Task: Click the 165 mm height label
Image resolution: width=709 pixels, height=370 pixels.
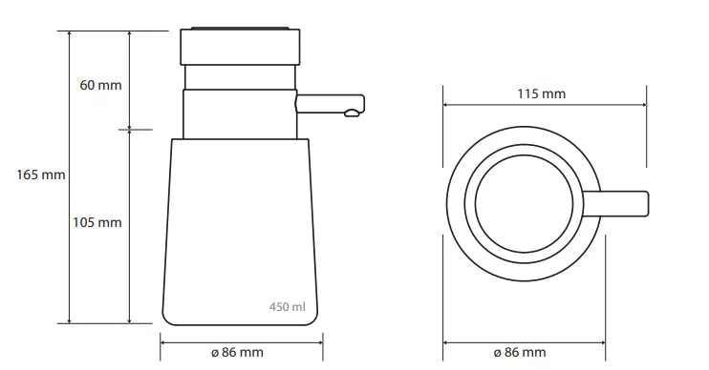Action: click(41, 175)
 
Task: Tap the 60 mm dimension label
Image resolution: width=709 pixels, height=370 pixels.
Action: click(101, 85)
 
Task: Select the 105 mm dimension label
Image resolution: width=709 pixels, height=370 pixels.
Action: click(97, 222)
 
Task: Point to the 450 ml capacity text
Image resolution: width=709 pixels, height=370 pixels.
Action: click(287, 307)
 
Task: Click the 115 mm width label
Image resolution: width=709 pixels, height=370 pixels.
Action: click(541, 93)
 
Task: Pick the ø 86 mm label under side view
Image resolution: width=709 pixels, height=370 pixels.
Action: click(237, 352)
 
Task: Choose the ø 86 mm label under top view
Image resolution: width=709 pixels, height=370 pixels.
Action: click(520, 352)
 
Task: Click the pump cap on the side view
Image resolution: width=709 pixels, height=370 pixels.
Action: click(240, 47)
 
